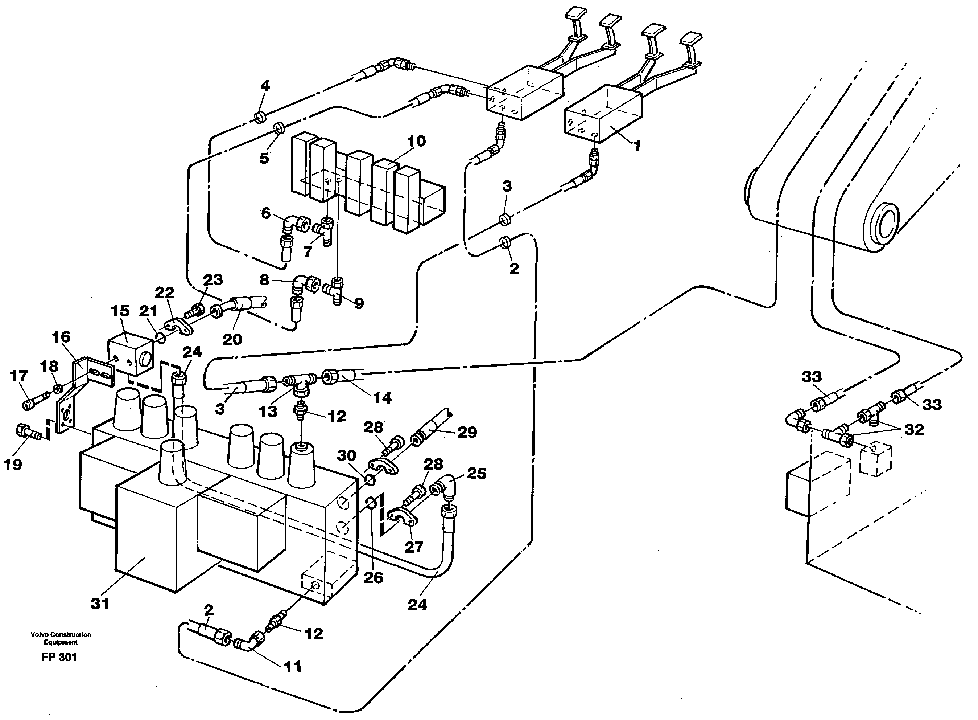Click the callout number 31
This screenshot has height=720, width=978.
coord(100,604)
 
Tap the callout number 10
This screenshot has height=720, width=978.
coord(416,141)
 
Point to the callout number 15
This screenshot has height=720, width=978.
coord(120,310)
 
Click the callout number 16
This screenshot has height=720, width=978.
coord(61,336)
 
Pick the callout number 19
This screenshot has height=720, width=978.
coord(13,464)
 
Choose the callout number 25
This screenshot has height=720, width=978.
coord(476,473)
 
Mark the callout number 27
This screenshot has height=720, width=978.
coord(414,547)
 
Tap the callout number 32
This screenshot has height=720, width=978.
coord(913,429)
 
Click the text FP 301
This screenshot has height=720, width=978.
coord(59,657)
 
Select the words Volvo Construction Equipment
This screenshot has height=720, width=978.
coord(61,638)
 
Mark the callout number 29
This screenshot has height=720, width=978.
coord(467,432)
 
